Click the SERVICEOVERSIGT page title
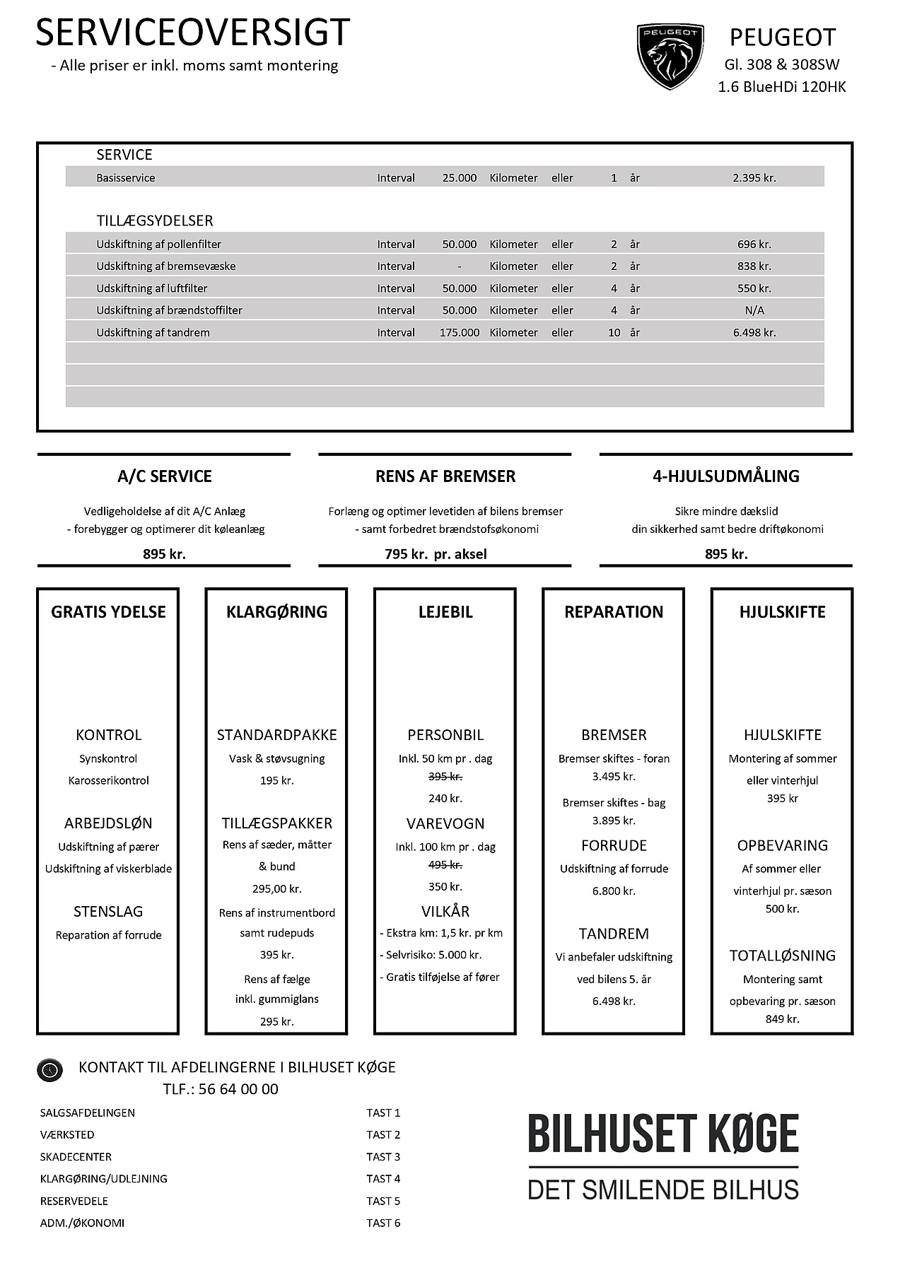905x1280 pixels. pyautogui.click(x=192, y=33)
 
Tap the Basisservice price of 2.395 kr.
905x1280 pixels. pyautogui.click(x=754, y=178)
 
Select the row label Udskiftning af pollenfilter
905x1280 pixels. pyautogui.click(x=158, y=245)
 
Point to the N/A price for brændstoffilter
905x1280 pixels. pyautogui.click(x=754, y=310)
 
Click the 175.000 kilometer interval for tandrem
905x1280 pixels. pyautogui.click(x=459, y=332)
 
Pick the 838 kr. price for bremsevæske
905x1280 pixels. pyautogui.click(x=754, y=266)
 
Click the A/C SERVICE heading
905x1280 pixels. pyautogui.click(x=164, y=476)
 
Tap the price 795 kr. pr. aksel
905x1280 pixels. pyautogui.click(x=436, y=554)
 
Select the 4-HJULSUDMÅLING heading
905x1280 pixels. pyautogui.click(x=725, y=476)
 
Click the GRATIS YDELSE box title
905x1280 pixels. pyautogui.click(x=108, y=612)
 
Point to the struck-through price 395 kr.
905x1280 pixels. pyautogui.click(x=445, y=777)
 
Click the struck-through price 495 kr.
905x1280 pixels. pyautogui.click(x=445, y=865)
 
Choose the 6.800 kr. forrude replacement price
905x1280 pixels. pyautogui.click(x=614, y=891)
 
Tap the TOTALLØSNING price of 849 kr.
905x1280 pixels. pyautogui.click(x=782, y=1019)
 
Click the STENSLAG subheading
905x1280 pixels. pyautogui.click(x=108, y=912)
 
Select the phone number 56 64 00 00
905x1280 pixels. pyautogui.click(x=238, y=1089)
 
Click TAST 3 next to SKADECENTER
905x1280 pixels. pyautogui.click(x=383, y=1157)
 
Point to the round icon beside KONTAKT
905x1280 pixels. pyautogui.click(x=49, y=1070)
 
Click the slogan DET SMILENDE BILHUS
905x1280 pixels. pyautogui.click(x=662, y=1190)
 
